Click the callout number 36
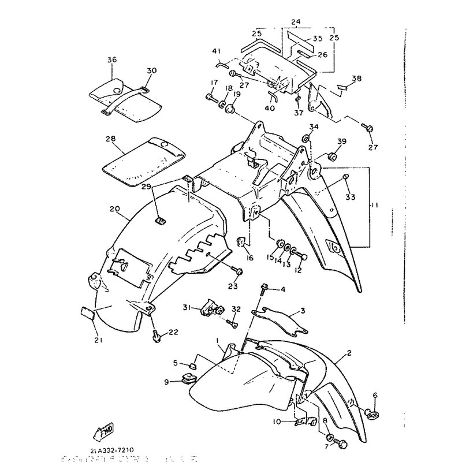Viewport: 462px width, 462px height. click(111, 59)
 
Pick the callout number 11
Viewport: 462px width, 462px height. click(374, 205)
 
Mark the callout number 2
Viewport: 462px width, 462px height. click(349, 352)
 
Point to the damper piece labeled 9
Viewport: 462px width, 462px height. click(188, 380)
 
